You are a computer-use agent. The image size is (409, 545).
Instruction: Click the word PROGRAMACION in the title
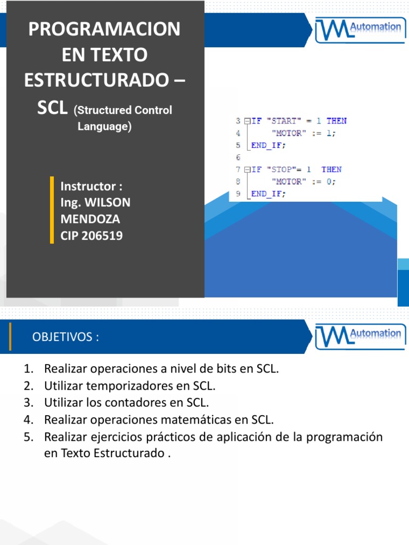click(104, 29)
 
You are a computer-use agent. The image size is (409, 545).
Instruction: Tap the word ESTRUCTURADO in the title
click(96, 80)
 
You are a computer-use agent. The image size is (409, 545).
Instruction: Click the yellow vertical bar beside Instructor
click(52, 210)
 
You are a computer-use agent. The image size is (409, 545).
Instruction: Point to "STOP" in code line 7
click(282, 169)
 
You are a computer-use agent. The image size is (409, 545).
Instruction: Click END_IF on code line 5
click(268, 145)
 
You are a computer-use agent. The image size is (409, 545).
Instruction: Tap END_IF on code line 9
click(268, 194)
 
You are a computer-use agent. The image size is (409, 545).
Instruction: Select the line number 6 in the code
click(238, 158)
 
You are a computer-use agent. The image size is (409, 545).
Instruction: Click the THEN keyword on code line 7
click(331, 169)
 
